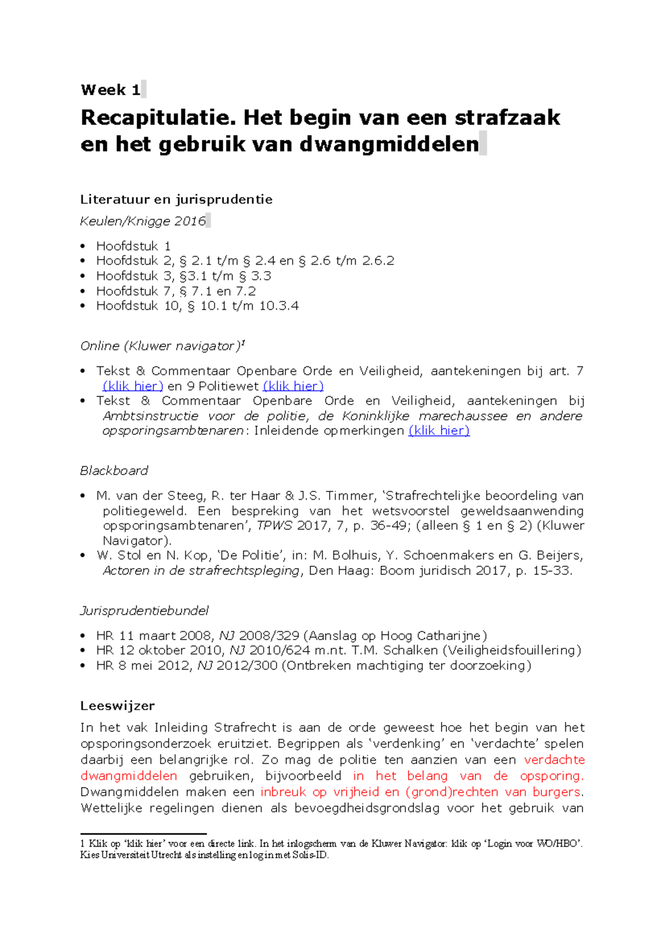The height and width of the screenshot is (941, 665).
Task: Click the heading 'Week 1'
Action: tap(110, 90)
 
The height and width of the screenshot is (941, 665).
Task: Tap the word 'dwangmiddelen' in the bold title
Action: tap(389, 144)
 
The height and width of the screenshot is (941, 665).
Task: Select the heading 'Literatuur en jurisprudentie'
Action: tap(176, 200)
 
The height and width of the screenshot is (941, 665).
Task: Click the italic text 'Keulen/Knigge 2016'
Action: tap(143, 221)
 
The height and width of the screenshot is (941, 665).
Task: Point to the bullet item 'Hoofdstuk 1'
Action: tap(133, 246)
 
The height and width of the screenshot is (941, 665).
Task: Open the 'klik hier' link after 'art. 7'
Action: tap(133, 386)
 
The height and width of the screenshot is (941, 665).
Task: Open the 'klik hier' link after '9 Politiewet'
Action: tap(293, 386)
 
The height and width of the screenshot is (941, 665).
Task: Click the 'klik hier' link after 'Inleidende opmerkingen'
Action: tap(439, 431)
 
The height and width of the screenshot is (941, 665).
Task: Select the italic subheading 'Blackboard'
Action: tap(114, 471)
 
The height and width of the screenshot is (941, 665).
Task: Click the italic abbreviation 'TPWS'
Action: tap(274, 525)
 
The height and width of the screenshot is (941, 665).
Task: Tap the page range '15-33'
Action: tap(551, 571)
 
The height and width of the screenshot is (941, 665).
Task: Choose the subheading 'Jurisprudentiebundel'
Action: tap(144, 611)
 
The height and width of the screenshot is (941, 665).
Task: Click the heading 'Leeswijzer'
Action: tap(117, 706)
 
